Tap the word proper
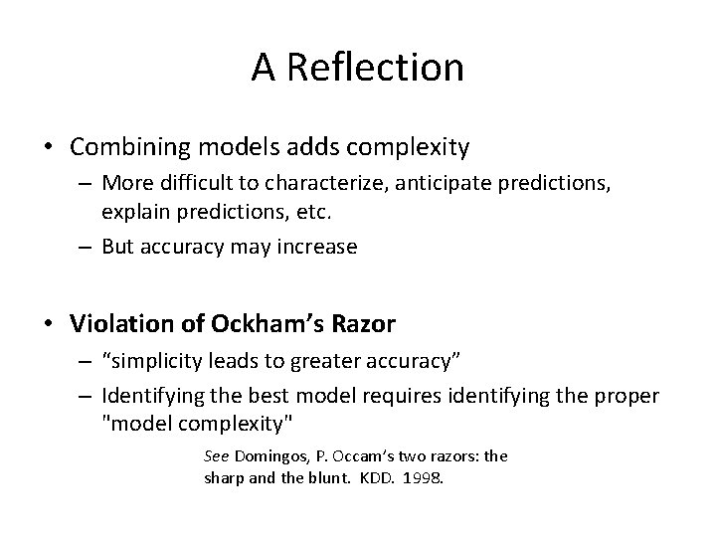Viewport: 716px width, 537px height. (624, 396)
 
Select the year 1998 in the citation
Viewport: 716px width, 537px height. (423, 476)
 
